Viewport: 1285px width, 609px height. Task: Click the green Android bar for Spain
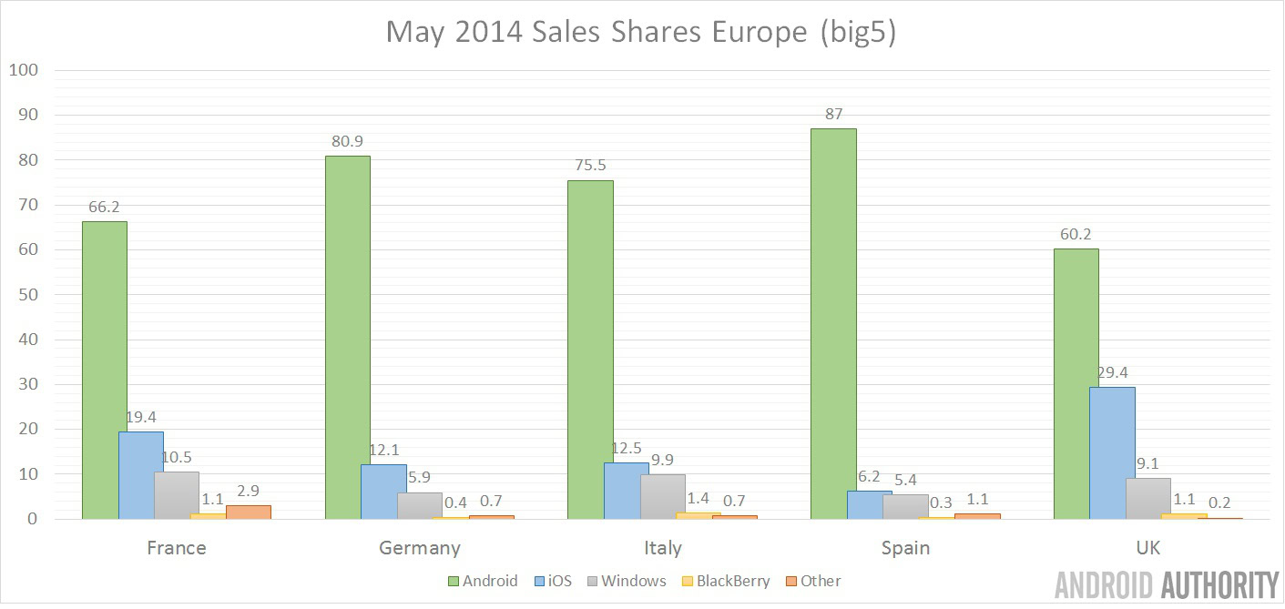(x=833, y=323)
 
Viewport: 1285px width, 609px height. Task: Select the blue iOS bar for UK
(x=1112, y=452)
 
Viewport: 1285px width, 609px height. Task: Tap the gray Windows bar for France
(x=176, y=495)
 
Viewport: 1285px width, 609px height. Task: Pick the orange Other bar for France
(x=249, y=512)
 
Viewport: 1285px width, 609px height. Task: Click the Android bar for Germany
(x=347, y=337)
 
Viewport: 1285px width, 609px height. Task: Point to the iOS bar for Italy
(x=627, y=491)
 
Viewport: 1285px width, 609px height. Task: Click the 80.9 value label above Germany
(x=347, y=141)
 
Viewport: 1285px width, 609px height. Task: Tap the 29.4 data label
(x=1112, y=372)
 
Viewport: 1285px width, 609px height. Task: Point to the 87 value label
(x=833, y=115)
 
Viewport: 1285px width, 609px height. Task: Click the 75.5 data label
(x=590, y=166)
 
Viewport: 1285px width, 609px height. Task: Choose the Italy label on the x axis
(x=662, y=548)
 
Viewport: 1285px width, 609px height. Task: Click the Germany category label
(x=419, y=548)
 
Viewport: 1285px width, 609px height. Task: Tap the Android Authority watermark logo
(x=1167, y=585)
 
